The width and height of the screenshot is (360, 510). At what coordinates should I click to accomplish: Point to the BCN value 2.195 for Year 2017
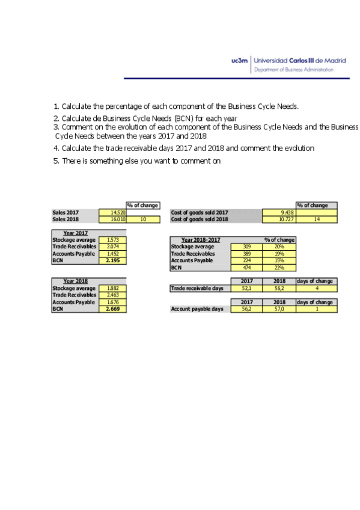pos(112,260)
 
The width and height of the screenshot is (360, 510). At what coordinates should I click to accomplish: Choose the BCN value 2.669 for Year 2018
pos(112,309)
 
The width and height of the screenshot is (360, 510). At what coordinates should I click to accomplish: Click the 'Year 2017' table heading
pos(76,233)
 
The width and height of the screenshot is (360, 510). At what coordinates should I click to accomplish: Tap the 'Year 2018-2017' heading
pos(202,240)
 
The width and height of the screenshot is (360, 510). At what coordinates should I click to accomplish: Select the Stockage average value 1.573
pos(112,240)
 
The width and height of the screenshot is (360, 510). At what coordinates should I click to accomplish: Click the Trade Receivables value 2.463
pos(112,295)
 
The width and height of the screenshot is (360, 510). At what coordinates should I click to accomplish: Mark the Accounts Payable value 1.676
pos(112,302)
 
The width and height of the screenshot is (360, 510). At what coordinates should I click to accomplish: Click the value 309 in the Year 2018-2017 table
pos(246,247)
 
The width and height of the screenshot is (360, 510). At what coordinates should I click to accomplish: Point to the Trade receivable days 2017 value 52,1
pos(246,289)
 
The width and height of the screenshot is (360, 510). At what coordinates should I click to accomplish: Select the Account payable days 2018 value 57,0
pos(279,309)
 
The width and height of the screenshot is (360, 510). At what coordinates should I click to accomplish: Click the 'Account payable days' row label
pos(197,309)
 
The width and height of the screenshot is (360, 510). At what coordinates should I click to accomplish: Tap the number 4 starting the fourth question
pos(55,148)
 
